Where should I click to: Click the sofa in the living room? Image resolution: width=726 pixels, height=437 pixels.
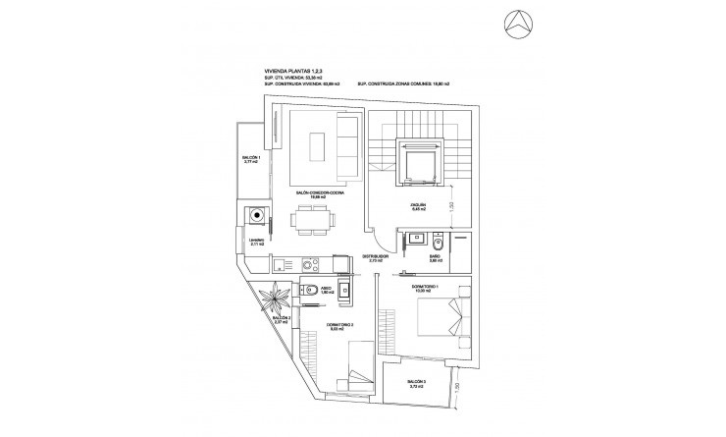346,144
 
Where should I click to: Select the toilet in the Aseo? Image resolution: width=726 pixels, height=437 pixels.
305,289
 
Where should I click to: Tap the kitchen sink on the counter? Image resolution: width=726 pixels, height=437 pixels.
280,263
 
